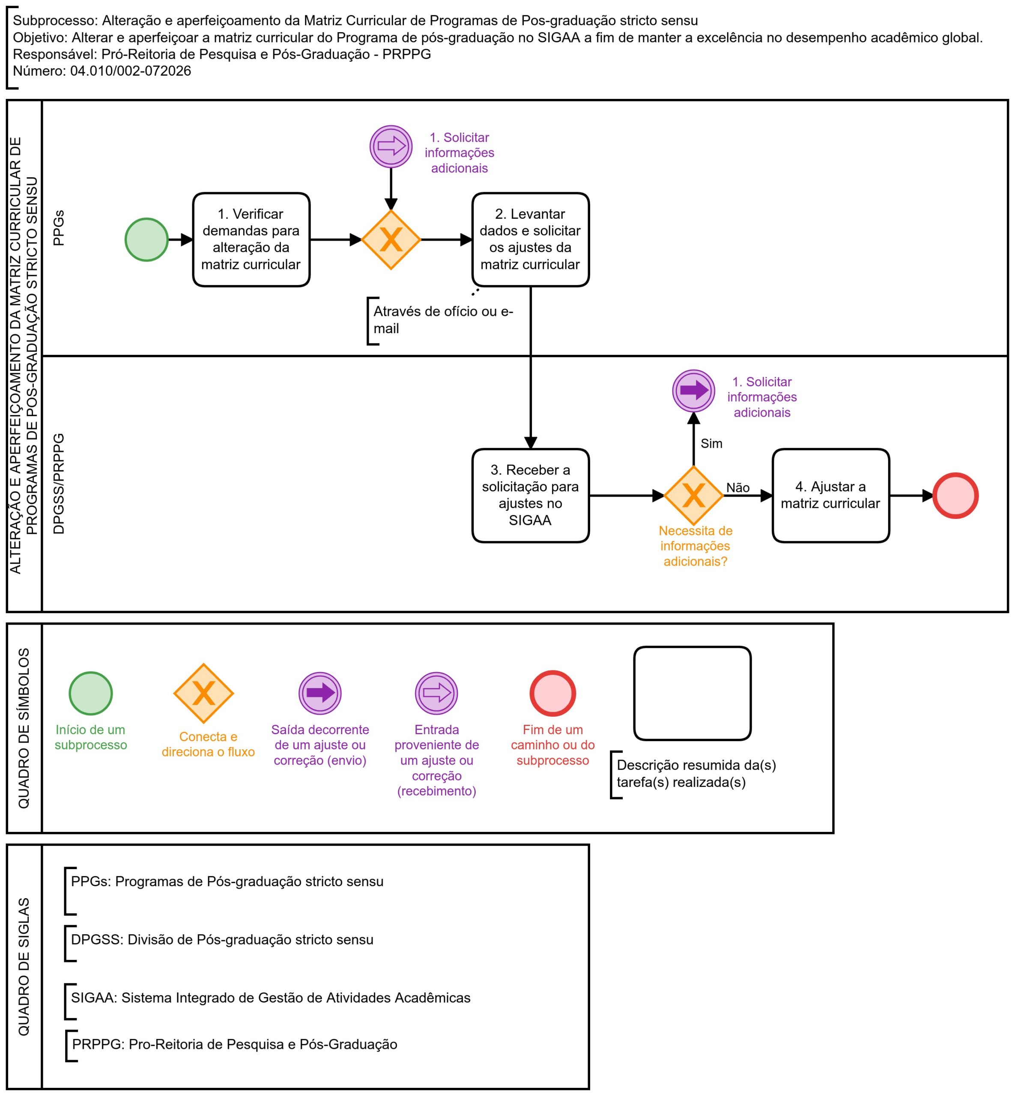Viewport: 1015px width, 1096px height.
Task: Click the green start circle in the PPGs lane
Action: point(146,239)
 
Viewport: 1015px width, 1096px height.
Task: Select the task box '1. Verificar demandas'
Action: point(251,239)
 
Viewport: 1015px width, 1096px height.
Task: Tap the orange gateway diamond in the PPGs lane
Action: point(391,239)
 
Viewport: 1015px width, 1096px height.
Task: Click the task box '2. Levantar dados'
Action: point(531,239)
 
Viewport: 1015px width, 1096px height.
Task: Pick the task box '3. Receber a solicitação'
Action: point(531,495)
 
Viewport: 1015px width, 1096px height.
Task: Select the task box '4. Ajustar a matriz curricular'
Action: point(830,495)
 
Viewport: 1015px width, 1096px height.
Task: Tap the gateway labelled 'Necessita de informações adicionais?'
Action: point(694,495)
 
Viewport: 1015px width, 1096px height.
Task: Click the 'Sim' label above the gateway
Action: point(711,443)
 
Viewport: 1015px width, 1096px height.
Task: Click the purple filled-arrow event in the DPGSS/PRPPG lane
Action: point(694,390)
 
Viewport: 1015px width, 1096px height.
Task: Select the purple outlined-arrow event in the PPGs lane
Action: point(391,146)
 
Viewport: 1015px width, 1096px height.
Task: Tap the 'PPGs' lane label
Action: point(58,228)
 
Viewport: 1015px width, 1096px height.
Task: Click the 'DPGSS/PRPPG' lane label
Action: point(58,483)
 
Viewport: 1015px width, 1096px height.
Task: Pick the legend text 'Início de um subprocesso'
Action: point(91,737)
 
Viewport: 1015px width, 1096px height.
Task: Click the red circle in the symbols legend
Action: point(552,693)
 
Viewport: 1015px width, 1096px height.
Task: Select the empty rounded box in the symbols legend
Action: point(692,693)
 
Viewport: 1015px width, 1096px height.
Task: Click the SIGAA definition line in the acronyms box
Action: point(271,997)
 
